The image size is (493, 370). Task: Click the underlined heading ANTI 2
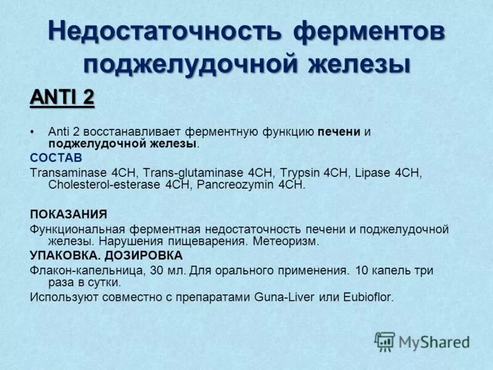click(62, 97)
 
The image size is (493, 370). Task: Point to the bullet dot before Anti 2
click(33, 132)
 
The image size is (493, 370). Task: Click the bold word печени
click(339, 132)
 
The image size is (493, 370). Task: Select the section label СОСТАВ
click(55, 158)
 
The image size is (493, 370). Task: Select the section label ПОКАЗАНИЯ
click(68, 214)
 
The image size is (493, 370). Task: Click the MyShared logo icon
click(385, 341)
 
